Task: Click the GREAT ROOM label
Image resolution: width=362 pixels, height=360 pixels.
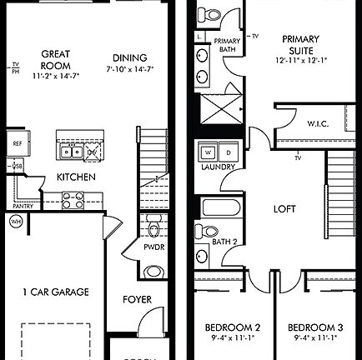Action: coord(54,59)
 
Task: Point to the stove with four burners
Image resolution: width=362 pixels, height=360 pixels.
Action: coord(71,199)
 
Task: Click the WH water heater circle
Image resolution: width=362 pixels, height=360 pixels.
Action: coord(16,222)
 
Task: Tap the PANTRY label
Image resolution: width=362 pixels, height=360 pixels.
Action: coord(23,206)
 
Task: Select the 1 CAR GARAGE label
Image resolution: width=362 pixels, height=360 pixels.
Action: coord(56,292)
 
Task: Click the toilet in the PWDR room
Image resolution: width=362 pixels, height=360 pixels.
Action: coord(153,228)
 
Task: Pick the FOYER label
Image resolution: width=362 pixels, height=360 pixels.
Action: coord(137,297)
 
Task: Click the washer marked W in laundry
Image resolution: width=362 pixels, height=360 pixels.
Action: coord(205,152)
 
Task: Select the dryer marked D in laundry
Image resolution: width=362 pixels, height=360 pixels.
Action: coord(227,152)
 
